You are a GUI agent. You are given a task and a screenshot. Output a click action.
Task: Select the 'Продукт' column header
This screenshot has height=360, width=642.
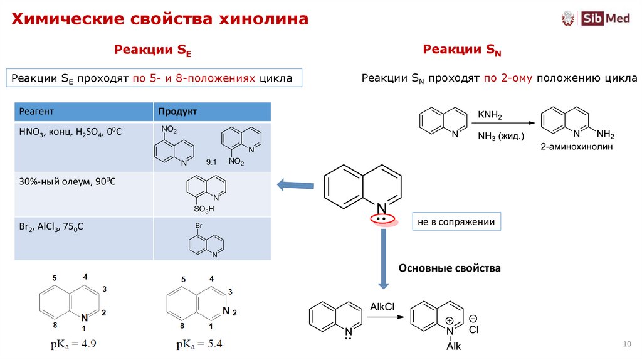(x=177, y=112)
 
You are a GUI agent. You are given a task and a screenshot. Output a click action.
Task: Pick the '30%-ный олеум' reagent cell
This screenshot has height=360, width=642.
(x=68, y=182)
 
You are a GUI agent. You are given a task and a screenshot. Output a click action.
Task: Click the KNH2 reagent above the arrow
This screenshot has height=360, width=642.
(x=490, y=115)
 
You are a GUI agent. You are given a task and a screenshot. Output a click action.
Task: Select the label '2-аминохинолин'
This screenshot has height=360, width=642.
(x=576, y=147)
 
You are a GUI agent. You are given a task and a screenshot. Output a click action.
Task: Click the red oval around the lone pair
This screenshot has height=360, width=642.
(x=382, y=219)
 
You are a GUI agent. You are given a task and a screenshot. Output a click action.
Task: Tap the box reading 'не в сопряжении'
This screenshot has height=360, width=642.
(x=457, y=222)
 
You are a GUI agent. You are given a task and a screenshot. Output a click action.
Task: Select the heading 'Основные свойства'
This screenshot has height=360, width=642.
(x=450, y=268)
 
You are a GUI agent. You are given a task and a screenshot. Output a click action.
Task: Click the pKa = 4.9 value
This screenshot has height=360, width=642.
(x=73, y=344)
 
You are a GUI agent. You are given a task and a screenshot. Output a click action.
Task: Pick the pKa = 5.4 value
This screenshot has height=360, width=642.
(x=199, y=344)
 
